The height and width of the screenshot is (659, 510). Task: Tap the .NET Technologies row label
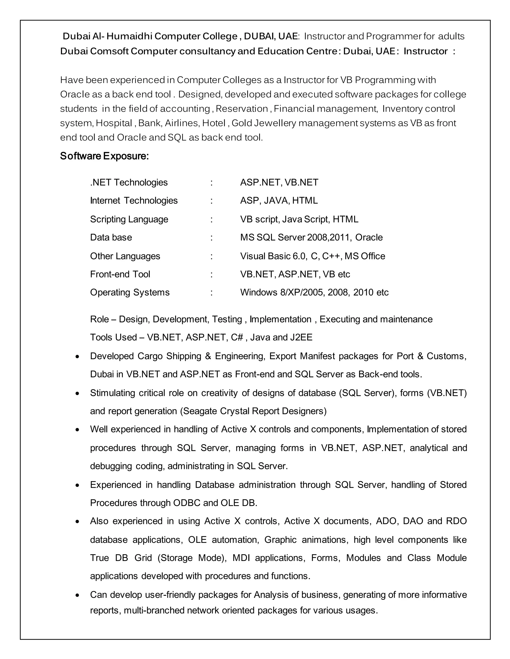click(x=129, y=182)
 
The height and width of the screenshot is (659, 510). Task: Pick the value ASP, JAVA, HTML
click(x=279, y=200)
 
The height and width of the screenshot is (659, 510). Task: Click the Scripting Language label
click(x=129, y=219)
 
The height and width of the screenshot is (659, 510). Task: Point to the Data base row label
click(x=111, y=237)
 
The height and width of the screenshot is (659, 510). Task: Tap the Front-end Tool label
click(x=120, y=274)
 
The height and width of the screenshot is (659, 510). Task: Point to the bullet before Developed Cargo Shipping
click(x=78, y=357)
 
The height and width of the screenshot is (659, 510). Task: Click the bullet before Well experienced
click(x=78, y=430)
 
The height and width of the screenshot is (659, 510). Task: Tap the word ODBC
click(x=187, y=503)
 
